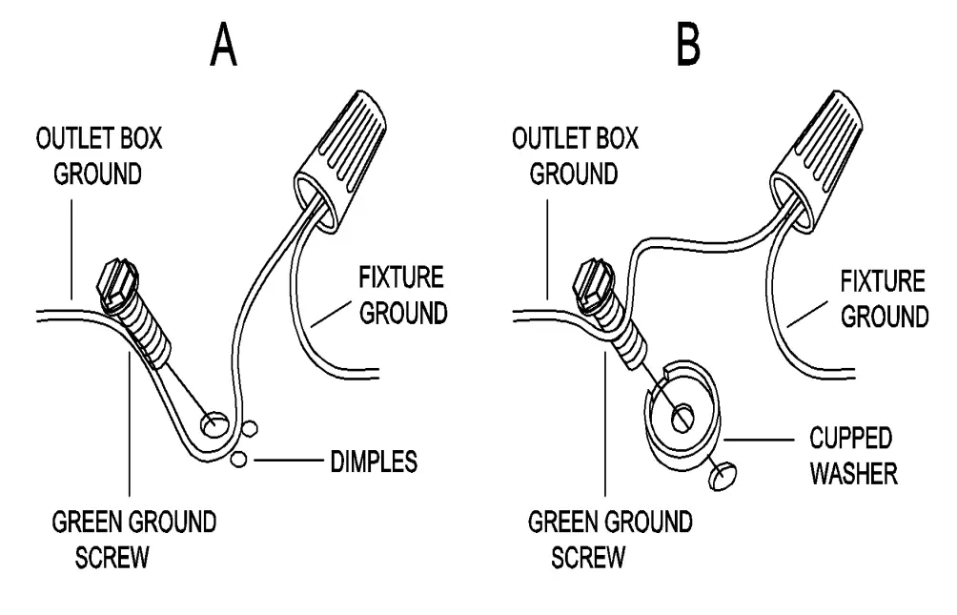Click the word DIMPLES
[374, 461]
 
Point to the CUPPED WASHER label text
[852, 456]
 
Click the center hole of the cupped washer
[682, 416]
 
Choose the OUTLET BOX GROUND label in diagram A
[99, 155]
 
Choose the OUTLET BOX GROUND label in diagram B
[575, 155]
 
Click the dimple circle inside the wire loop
[214, 420]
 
